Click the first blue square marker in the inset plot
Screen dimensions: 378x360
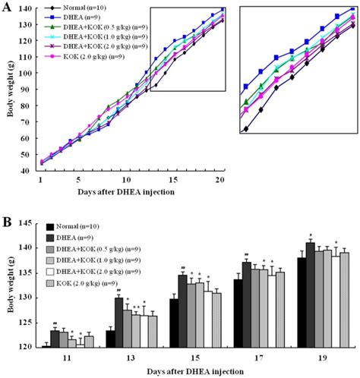coord(246,87)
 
